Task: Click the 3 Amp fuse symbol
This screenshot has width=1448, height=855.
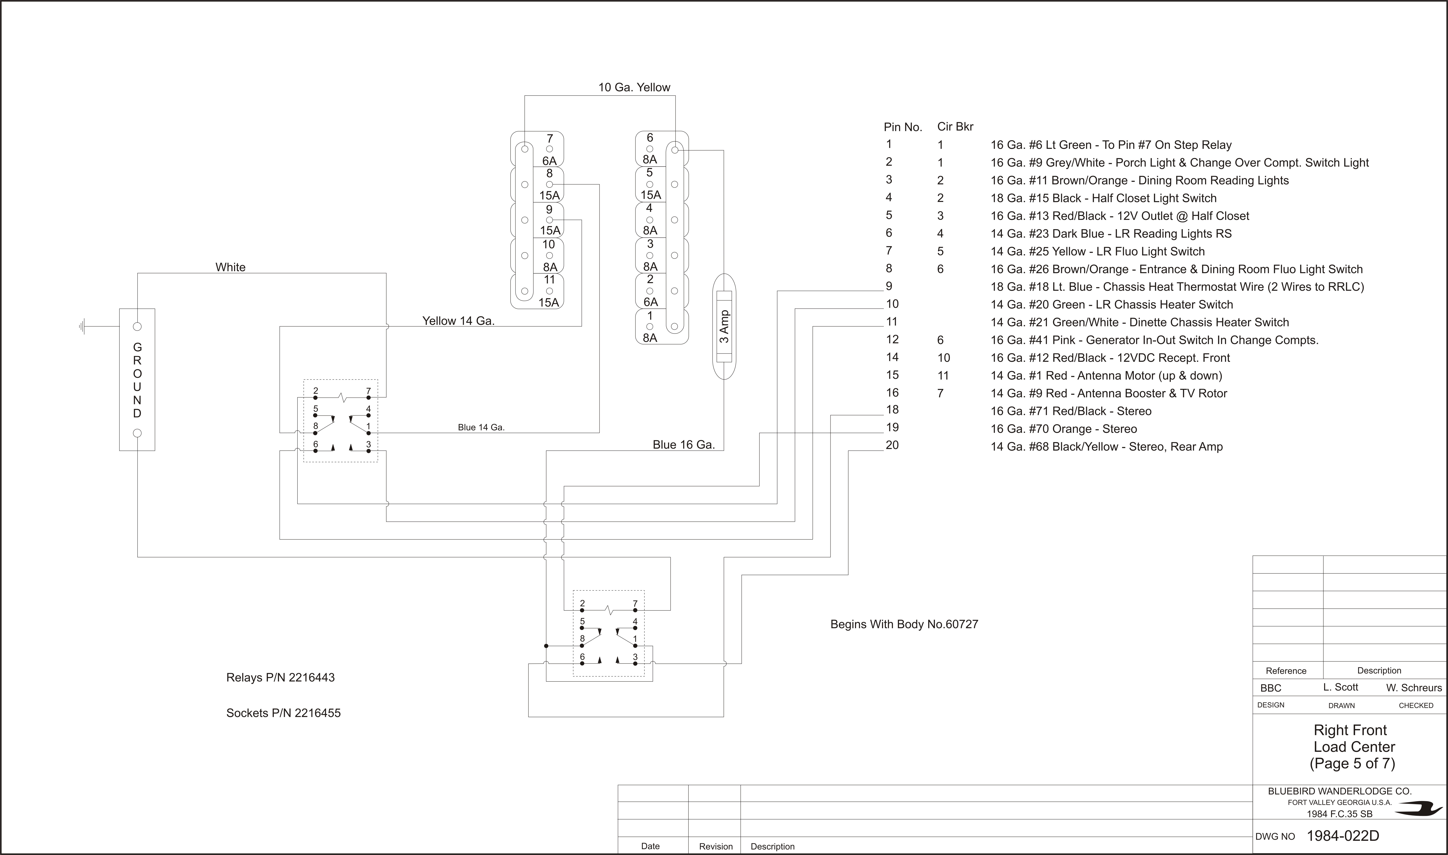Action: point(725,327)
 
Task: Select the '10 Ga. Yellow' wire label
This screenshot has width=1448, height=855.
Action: point(634,88)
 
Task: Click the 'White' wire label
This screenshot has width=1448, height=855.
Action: point(230,267)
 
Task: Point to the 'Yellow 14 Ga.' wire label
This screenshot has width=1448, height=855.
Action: point(458,321)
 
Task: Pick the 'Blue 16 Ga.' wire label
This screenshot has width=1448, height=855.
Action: point(684,445)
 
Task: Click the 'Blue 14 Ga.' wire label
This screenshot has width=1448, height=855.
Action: point(481,427)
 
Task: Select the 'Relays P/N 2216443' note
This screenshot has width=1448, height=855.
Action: point(280,678)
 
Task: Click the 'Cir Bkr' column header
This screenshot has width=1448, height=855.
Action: point(955,127)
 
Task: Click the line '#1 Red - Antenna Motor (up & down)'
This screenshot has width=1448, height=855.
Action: point(1106,376)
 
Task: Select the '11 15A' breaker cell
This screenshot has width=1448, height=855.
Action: point(549,291)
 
